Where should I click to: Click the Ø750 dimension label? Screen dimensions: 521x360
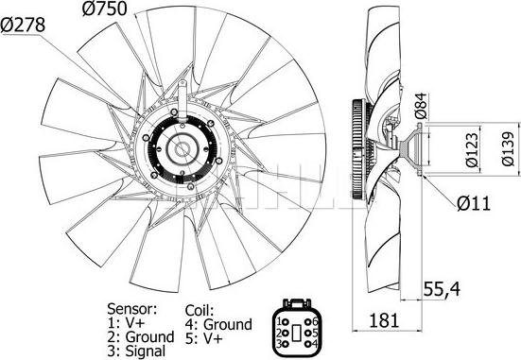105,9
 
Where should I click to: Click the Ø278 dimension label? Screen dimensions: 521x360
23,25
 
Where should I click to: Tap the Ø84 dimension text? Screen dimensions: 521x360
421,106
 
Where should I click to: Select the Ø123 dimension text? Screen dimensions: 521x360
472,150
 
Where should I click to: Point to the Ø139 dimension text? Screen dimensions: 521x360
508,148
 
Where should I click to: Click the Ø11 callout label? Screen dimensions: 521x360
474,203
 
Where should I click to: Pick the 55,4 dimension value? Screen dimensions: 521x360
442,288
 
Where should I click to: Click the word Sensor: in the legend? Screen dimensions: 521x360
131,309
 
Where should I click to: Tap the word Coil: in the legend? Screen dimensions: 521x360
200,311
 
